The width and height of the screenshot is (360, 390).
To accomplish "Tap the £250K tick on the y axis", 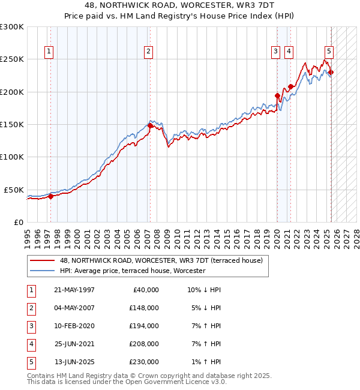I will [12, 59].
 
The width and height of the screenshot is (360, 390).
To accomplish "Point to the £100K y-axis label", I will [12, 157].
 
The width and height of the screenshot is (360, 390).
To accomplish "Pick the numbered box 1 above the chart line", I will [48, 52].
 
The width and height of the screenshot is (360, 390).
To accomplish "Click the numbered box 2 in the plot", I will [148, 52].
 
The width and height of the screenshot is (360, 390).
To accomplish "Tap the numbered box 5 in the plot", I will [329, 52].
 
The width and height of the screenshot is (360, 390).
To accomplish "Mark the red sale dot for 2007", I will [149, 126].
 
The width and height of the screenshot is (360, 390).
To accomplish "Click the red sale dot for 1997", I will [50, 196].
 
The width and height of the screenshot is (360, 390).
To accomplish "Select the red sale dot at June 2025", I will [331, 73].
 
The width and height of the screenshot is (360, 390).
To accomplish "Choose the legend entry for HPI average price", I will [133, 271].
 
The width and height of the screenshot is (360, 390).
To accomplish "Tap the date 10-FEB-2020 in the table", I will [74, 326].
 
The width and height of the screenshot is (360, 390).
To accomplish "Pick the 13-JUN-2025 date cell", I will [74, 362].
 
